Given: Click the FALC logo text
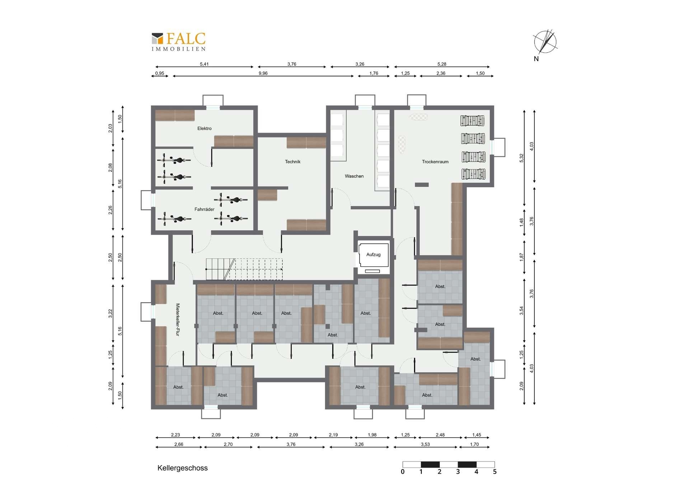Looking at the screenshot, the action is (186, 39).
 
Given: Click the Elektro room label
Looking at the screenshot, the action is (205, 128).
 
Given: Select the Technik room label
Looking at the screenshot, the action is (292, 162).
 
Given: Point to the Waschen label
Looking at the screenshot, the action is (354, 176).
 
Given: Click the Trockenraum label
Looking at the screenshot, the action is (435, 162).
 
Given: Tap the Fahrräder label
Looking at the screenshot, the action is (205, 209).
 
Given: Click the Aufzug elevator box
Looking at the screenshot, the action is (374, 255).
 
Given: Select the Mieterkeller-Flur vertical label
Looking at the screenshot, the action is (178, 319).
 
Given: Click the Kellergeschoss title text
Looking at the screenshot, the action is (183, 468).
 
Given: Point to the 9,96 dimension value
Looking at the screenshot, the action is (263, 73).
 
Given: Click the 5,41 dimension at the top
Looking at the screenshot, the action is (204, 64).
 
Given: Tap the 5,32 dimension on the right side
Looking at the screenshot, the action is (521, 158).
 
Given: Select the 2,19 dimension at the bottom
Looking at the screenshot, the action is (333, 435).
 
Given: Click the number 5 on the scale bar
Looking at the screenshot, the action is (495, 472).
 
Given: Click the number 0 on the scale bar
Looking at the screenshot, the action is (403, 472).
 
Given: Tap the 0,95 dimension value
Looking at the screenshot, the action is (160, 73).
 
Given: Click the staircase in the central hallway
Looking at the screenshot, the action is (244, 269).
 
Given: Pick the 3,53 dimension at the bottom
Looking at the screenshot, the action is (425, 444).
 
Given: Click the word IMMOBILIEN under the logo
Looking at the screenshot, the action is (179, 49).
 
